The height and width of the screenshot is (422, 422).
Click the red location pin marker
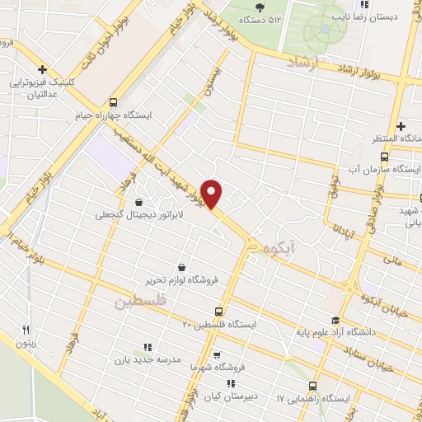(212, 193)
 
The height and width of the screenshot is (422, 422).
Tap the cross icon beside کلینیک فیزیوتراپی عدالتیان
(41, 70)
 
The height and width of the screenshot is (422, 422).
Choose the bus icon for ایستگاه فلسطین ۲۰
(218, 312)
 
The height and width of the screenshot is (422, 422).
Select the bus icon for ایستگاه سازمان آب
(384, 157)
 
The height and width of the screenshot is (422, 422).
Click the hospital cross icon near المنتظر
(401, 126)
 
